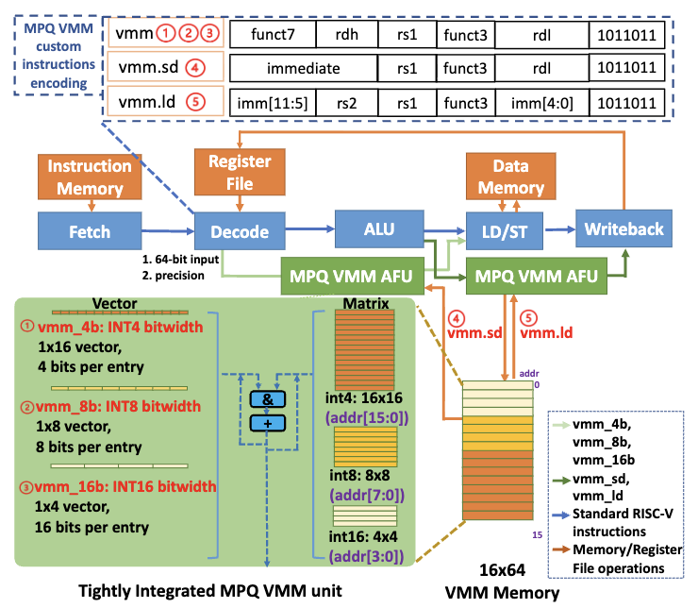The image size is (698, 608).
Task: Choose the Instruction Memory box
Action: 91,176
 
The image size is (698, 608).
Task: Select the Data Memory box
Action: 511,176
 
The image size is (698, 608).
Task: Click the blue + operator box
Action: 266,424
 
